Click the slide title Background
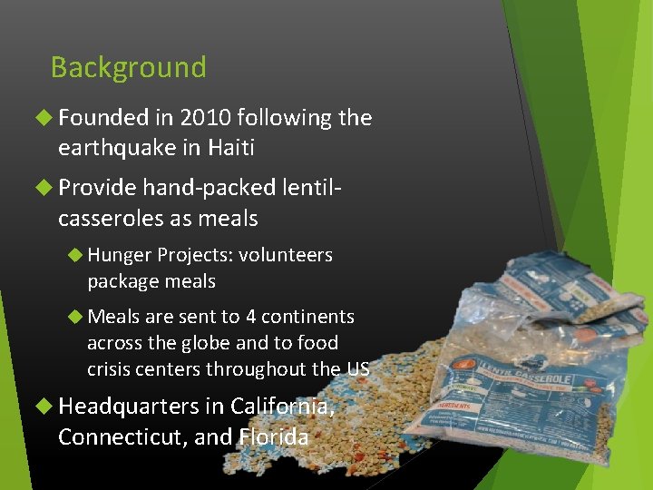pyautogui.click(x=128, y=67)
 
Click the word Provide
pyautogui.click(x=97, y=188)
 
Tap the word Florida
pyautogui.click(x=274, y=436)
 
